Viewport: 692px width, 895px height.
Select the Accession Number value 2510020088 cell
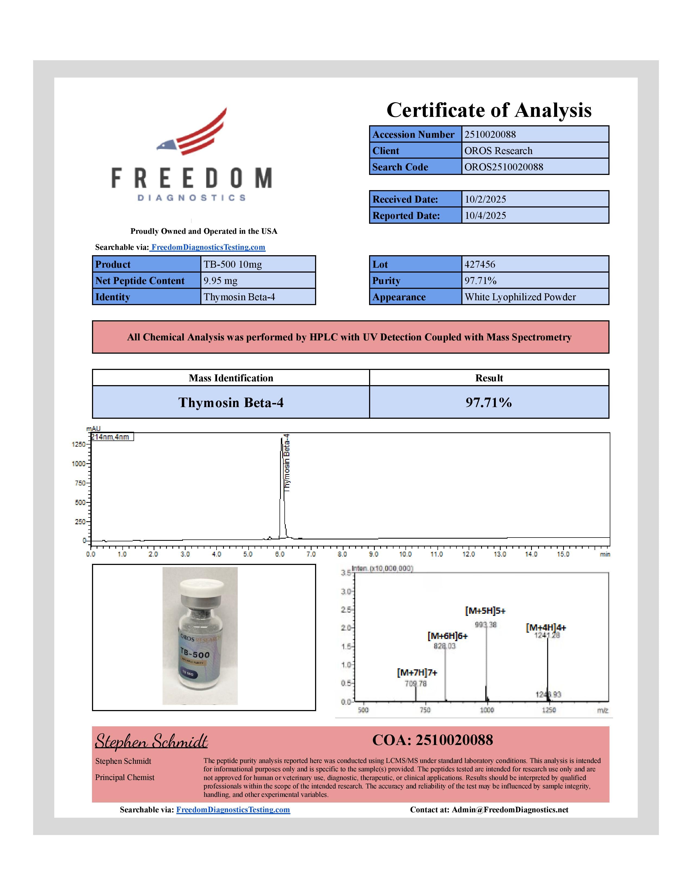click(x=535, y=135)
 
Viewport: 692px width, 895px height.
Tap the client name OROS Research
click(x=535, y=151)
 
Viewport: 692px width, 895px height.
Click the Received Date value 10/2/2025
click(x=535, y=199)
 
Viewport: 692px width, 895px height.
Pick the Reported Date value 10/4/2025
click(x=535, y=216)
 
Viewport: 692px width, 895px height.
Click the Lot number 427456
click(x=535, y=264)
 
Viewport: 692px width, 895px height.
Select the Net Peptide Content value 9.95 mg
click(x=258, y=281)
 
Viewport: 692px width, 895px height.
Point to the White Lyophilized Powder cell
click(x=535, y=297)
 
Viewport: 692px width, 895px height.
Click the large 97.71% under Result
click(x=489, y=402)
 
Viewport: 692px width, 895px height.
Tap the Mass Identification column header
click(x=231, y=378)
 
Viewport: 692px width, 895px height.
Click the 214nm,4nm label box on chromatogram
click(x=112, y=437)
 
